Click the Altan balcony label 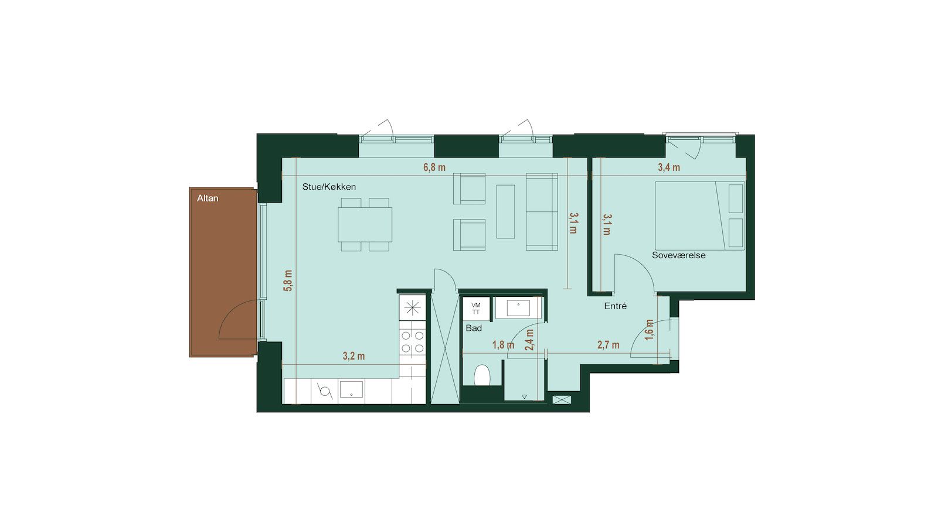(x=208, y=199)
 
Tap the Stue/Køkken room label (x=329, y=187)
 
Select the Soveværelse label (x=679, y=255)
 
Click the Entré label (x=616, y=306)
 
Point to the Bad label (x=474, y=328)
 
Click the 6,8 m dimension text (x=434, y=167)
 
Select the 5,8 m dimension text (x=288, y=280)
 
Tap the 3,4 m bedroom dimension (x=669, y=167)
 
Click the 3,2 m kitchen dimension (x=354, y=357)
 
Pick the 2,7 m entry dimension (x=609, y=345)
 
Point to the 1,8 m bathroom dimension (x=504, y=345)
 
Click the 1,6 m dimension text (x=650, y=330)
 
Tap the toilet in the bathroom (x=482, y=375)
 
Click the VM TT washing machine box (x=476, y=309)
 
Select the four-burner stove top (x=413, y=342)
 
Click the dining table (x=365, y=225)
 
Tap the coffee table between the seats (x=506, y=211)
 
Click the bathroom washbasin (x=518, y=308)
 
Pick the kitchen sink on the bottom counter (x=351, y=389)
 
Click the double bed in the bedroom (x=700, y=216)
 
